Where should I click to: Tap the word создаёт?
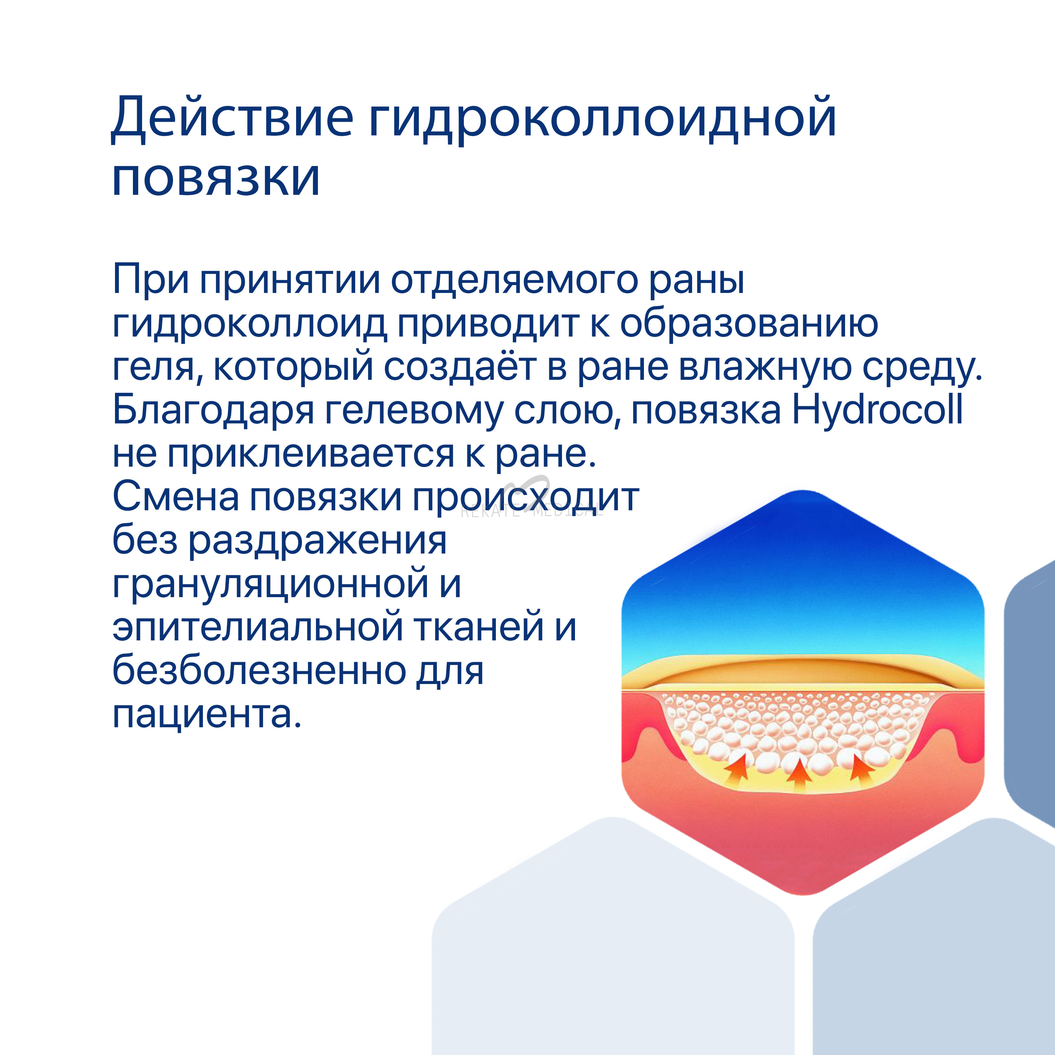(460, 366)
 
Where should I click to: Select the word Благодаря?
(213, 411)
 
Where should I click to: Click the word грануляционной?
(270, 586)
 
